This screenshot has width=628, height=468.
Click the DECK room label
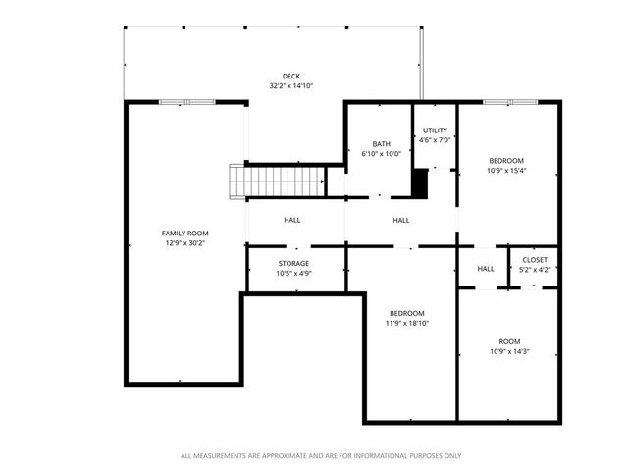click(x=291, y=76)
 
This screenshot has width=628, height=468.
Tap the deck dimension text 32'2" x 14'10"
click(x=291, y=86)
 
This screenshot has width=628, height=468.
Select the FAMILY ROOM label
click(x=184, y=233)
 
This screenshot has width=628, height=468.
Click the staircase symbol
click(x=278, y=182)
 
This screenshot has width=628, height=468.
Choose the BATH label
click(x=380, y=144)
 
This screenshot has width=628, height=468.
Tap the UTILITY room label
click(x=435, y=130)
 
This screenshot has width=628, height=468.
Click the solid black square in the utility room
click(x=421, y=183)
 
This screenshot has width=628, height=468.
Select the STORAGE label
click(x=293, y=263)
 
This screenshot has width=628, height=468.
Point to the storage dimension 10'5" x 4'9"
click(x=293, y=274)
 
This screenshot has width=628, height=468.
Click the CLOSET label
click(x=535, y=260)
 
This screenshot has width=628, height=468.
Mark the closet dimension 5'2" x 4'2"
click(x=535, y=270)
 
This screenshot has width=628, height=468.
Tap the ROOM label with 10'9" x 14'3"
click(x=509, y=341)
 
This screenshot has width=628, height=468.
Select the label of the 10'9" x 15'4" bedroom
click(x=506, y=160)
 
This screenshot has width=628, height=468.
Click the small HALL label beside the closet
click(x=486, y=269)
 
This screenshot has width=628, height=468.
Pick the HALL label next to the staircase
click(x=292, y=220)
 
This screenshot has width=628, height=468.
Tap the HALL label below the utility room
click(x=401, y=220)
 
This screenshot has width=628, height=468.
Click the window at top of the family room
click(x=186, y=101)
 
